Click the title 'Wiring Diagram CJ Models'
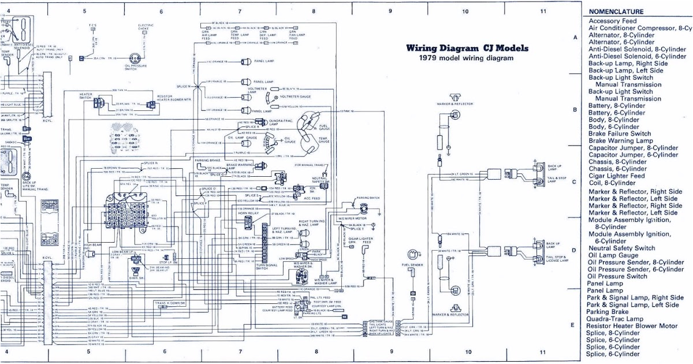click(470, 49)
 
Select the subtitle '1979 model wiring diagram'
click(466, 58)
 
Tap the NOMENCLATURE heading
click(616, 12)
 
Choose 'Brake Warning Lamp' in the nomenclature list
click(620, 140)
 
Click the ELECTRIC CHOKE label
click(146, 27)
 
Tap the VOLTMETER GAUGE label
click(297, 96)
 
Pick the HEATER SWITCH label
click(85, 95)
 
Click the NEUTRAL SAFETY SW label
click(320, 180)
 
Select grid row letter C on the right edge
click(574, 182)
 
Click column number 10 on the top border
click(465, 11)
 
